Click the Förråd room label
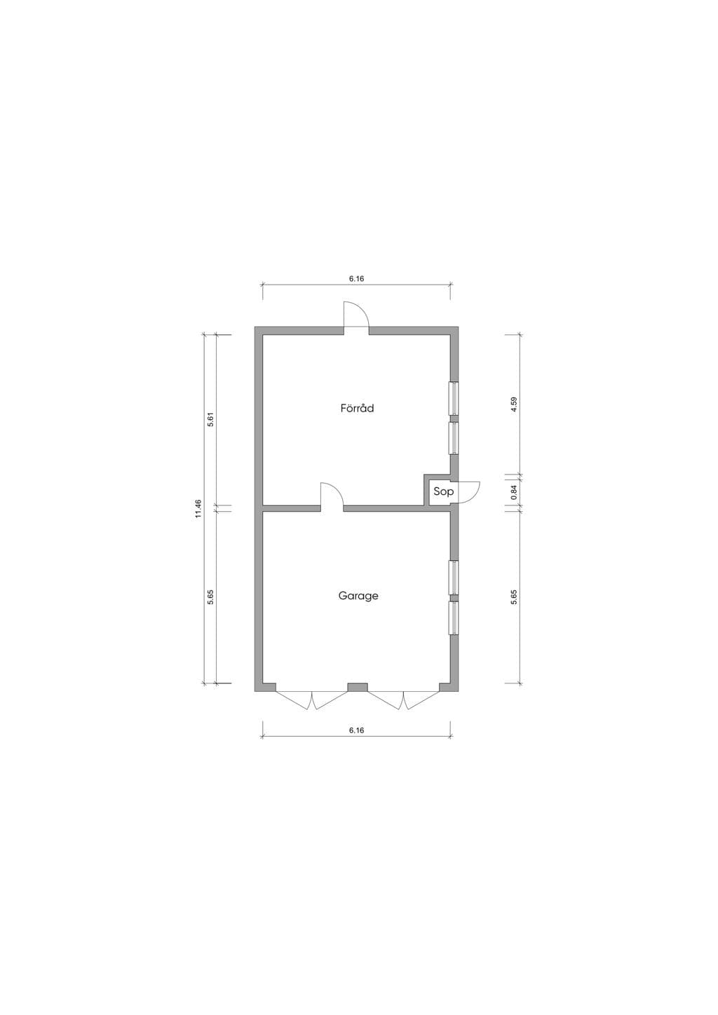(x=357, y=408)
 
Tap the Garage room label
(x=358, y=595)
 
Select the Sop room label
(x=443, y=491)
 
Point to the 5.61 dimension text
(x=210, y=421)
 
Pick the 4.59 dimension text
(x=513, y=404)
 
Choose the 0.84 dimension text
(x=513, y=493)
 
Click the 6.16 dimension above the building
(x=356, y=279)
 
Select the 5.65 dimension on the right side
(x=513, y=597)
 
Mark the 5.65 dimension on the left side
(x=210, y=597)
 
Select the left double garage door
(x=311, y=701)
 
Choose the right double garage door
(x=403, y=701)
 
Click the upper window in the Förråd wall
(x=454, y=398)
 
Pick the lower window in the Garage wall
(x=454, y=618)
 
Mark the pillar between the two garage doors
(x=358, y=687)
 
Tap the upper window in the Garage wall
(x=454, y=578)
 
